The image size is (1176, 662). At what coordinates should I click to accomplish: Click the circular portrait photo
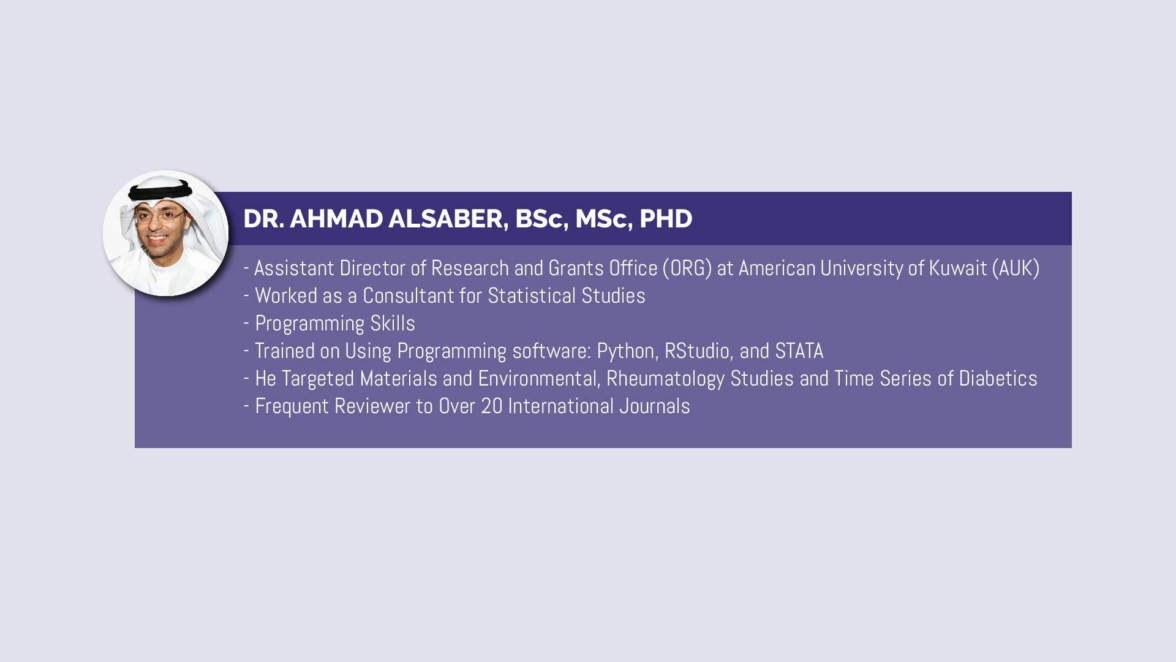click(165, 233)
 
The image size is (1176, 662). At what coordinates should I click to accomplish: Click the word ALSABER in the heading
click(448, 219)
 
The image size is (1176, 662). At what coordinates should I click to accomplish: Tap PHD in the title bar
click(666, 219)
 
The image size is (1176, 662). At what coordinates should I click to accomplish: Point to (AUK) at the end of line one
click(1016, 268)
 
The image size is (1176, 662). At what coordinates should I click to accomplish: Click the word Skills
click(393, 323)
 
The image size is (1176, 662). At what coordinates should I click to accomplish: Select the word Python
click(627, 351)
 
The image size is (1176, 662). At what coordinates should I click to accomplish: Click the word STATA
click(799, 351)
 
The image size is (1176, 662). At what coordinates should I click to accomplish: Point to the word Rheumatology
click(665, 379)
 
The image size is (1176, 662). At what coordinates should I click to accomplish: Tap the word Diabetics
click(998, 378)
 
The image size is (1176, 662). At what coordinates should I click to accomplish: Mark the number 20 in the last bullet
click(491, 406)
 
